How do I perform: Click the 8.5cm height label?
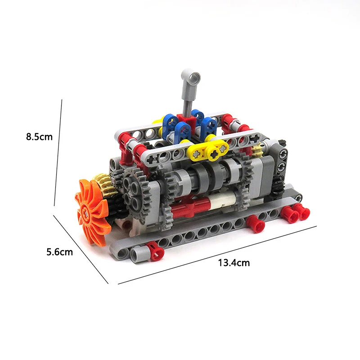tap(39, 137)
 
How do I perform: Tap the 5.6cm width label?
tap(59, 252)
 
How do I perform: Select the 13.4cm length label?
tap(234, 263)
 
